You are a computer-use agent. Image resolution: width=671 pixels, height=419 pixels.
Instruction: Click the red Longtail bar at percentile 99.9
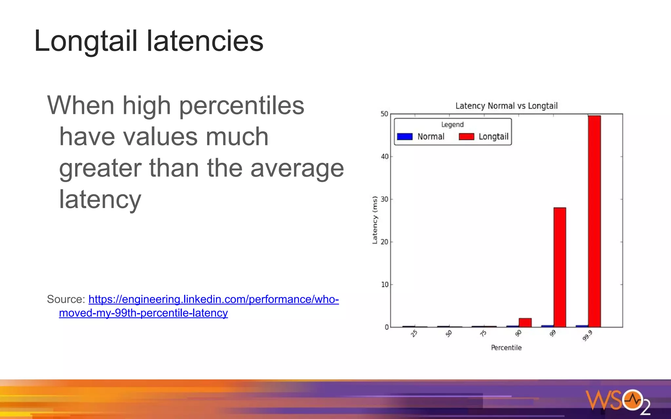point(594,221)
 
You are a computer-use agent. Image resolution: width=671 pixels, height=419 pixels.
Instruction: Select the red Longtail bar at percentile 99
point(560,267)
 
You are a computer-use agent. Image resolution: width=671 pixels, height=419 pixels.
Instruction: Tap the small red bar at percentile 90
point(525,322)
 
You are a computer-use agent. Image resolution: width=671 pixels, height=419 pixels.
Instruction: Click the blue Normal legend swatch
point(405,137)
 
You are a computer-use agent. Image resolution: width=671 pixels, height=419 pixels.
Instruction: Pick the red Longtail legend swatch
point(467,137)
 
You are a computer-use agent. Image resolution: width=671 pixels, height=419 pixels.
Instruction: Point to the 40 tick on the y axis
point(385,156)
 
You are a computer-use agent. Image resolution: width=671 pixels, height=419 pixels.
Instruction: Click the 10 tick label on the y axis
point(385,284)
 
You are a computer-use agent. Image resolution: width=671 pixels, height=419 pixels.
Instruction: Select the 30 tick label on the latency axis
point(385,199)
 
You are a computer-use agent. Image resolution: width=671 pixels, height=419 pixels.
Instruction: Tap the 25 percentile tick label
point(414,334)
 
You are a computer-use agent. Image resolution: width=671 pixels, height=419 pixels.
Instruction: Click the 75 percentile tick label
point(483,334)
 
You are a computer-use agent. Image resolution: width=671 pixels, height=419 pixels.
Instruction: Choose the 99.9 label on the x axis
point(587,336)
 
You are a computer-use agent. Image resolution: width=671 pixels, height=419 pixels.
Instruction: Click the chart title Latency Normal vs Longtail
point(506,106)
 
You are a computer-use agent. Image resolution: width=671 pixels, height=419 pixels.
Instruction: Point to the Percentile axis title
point(506,348)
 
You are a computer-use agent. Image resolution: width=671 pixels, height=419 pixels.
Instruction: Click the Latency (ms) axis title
point(375,220)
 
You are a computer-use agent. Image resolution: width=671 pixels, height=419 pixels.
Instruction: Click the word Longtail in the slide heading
point(86,41)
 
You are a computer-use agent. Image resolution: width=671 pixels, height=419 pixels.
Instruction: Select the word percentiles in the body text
point(241,105)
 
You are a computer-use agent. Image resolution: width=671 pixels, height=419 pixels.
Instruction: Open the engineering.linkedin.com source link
point(213,299)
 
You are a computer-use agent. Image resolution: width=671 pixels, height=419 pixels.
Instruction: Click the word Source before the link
point(66,299)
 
